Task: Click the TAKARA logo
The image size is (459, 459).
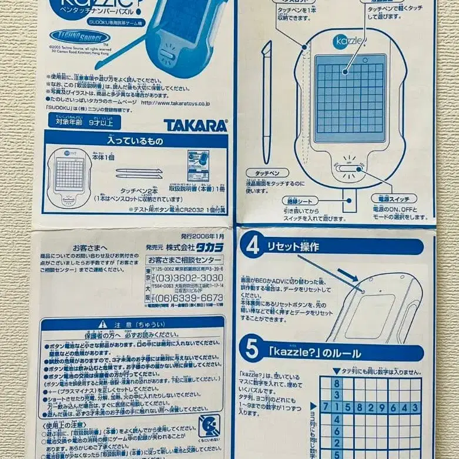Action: [195, 125]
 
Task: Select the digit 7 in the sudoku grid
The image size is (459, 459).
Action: [324, 407]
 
